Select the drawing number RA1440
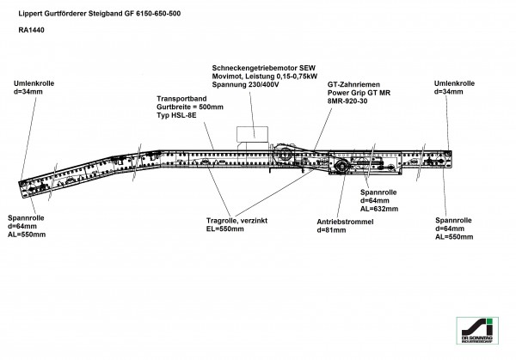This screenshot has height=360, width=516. [x=31, y=30]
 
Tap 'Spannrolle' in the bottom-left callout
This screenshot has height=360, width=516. [x=27, y=218]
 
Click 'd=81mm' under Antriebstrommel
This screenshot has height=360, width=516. [x=332, y=230]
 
